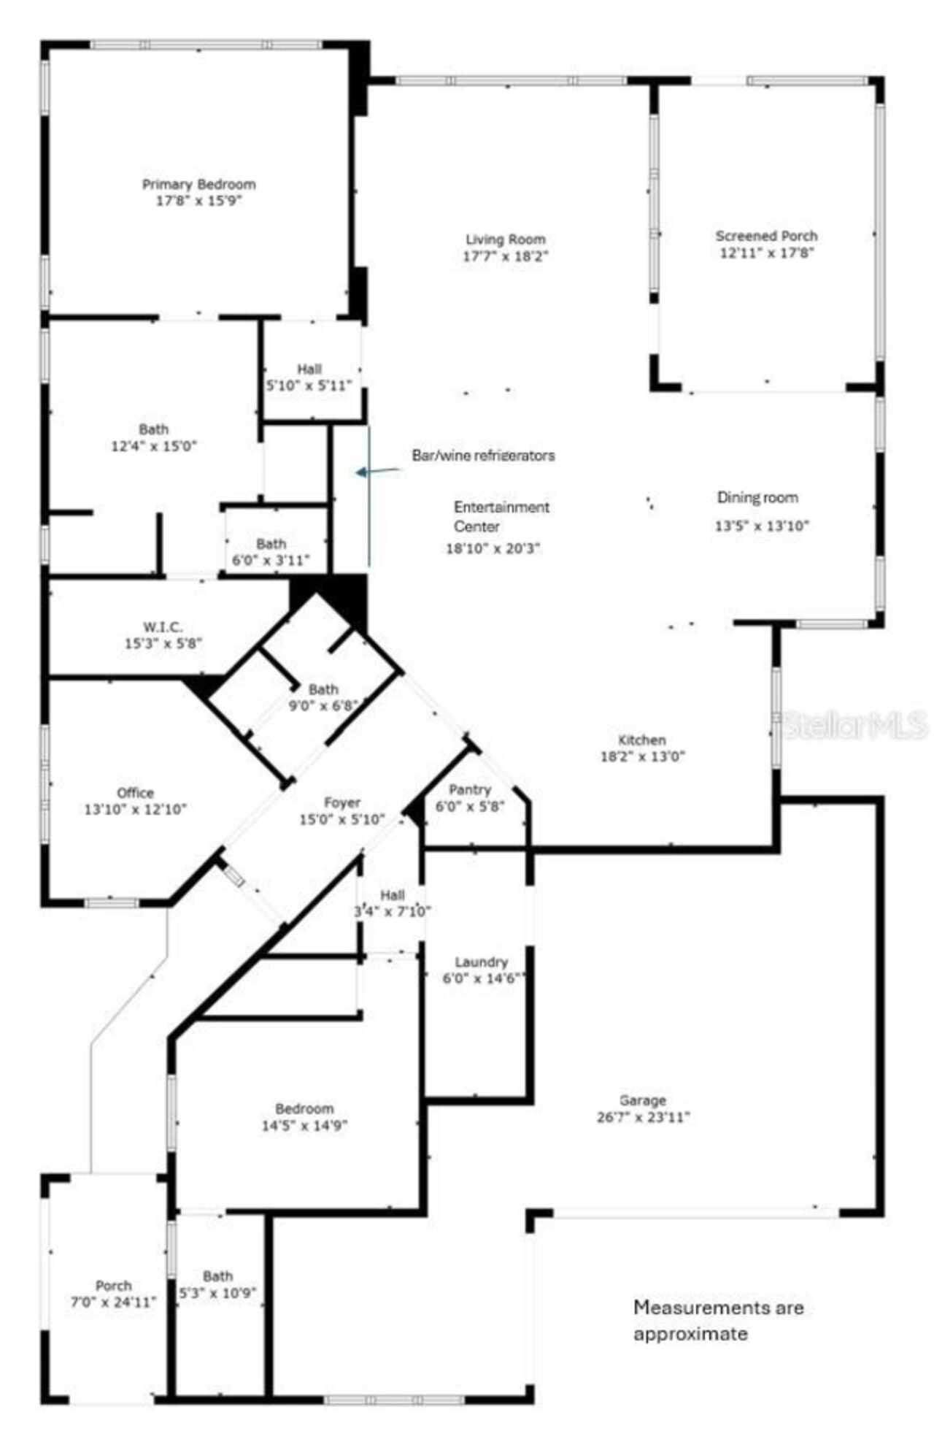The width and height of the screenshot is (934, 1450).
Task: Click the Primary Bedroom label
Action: pyautogui.click(x=198, y=185)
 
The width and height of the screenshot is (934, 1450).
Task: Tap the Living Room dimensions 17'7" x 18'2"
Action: pyautogui.click(x=505, y=256)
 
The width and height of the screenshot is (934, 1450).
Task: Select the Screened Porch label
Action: pyautogui.click(x=766, y=236)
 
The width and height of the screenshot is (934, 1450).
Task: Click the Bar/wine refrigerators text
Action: pyautogui.click(x=483, y=456)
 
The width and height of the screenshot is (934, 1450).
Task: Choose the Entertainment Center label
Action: pyautogui.click(x=501, y=516)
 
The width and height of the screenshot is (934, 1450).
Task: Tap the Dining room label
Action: pyautogui.click(x=757, y=498)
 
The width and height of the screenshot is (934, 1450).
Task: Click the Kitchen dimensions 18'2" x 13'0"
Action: pyautogui.click(x=642, y=756)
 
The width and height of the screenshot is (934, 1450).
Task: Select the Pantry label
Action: pyautogui.click(x=470, y=789)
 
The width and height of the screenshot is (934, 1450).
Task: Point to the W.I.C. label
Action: pyautogui.click(x=163, y=627)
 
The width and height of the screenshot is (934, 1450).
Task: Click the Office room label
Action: pyautogui.click(x=136, y=793)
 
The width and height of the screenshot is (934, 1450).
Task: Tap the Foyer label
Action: pyautogui.click(x=341, y=803)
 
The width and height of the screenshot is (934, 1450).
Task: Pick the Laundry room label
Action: pyautogui.click(x=481, y=962)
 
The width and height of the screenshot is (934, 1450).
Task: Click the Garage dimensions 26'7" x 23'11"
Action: pyautogui.click(x=643, y=1117)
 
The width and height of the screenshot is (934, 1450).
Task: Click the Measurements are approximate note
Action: pyautogui.click(x=718, y=1319)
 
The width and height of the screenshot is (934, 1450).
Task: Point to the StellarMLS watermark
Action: pyautogui.click(x=854, y=725)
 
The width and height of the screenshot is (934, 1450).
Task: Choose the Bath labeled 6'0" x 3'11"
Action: pyautogui.click(x=271, y=552)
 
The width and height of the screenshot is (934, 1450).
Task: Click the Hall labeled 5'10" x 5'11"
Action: pyautogui.click(x=309, y=377)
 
